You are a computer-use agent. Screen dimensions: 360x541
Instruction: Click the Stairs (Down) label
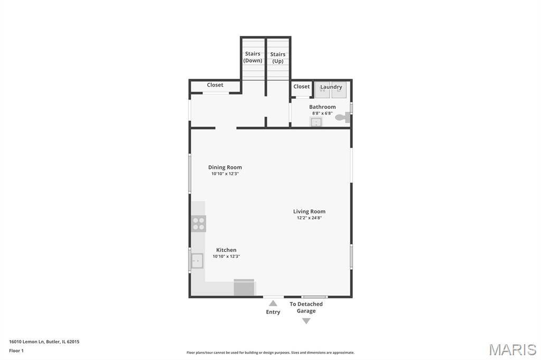click(x=253, y=57)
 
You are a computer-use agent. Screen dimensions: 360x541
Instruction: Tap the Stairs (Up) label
click(x=278, y=58)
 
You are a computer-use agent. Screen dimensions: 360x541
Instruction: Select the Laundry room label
click(x=331, y=87)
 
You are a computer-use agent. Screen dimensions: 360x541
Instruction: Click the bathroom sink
click(x=315, y=122)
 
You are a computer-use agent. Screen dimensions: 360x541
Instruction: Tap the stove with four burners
click(x=199, y=224)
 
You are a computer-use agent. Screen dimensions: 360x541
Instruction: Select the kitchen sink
click(x=197, y=261)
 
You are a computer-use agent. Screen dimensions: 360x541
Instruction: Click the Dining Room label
click(x=225, y=167)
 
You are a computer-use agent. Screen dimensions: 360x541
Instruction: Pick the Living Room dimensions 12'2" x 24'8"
click(x=309, y=217)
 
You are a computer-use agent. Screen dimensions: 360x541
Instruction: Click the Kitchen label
click(x=226, y=250)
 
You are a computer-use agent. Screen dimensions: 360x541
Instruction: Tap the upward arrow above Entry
click(x=273, y=303)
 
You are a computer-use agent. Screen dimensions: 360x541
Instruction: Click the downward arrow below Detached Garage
click(x=306, y=321)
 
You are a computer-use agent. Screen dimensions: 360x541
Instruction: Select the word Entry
click(x=273, y=312)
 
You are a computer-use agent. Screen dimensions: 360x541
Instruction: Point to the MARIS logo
click(x=512, y=349)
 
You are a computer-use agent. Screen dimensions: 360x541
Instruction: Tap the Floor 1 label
click(x=16, y=350)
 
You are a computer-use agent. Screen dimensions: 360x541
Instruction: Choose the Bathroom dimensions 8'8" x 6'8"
click(x=322, y=113)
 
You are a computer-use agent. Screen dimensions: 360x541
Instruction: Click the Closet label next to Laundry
click(x=302, y=87)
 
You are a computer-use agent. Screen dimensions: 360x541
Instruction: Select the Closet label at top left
click(x=215, y=85)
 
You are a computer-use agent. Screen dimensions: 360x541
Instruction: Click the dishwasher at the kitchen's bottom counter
click(x=244, y=288)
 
